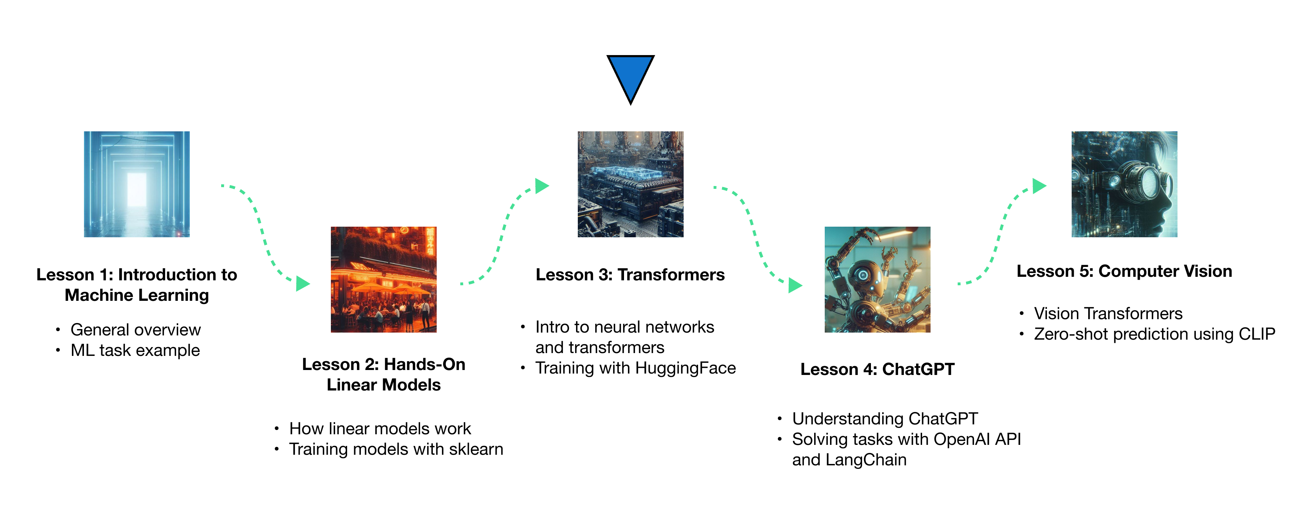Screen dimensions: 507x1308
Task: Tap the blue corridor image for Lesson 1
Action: click(x=137, y=184)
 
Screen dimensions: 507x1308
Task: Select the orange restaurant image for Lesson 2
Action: click(x=383, y=279)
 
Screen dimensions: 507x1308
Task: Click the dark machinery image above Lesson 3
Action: click(x=630, y=184)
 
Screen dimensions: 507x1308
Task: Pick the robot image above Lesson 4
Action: click(x=877, y=279)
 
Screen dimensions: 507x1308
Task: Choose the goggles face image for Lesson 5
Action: click(x=1124, y=184)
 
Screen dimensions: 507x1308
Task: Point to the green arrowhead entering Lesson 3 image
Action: click(x=542, y=186)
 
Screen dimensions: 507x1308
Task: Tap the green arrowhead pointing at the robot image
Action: click(x=795, y=285)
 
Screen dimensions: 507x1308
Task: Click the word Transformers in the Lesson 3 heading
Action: click(x=671, y=275)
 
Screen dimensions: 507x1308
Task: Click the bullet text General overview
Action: click(x=135, y=330)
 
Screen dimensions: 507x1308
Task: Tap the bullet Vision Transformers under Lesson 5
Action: click(x=1108, y=314)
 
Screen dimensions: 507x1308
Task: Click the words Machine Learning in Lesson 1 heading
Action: click(x=137, y=295)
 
